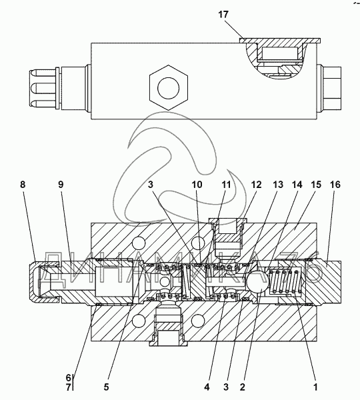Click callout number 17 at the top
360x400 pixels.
(223, 15)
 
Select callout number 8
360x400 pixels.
(23, 184)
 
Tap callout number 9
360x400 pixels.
(61, 184)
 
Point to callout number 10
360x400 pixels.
(197, 184)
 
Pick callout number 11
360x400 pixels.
(226, 184)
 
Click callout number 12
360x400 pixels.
(257, 184)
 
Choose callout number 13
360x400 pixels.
(278, 184)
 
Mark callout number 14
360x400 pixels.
(297, 184)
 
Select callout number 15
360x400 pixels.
(316, 184)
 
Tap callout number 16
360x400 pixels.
(335, 184)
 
